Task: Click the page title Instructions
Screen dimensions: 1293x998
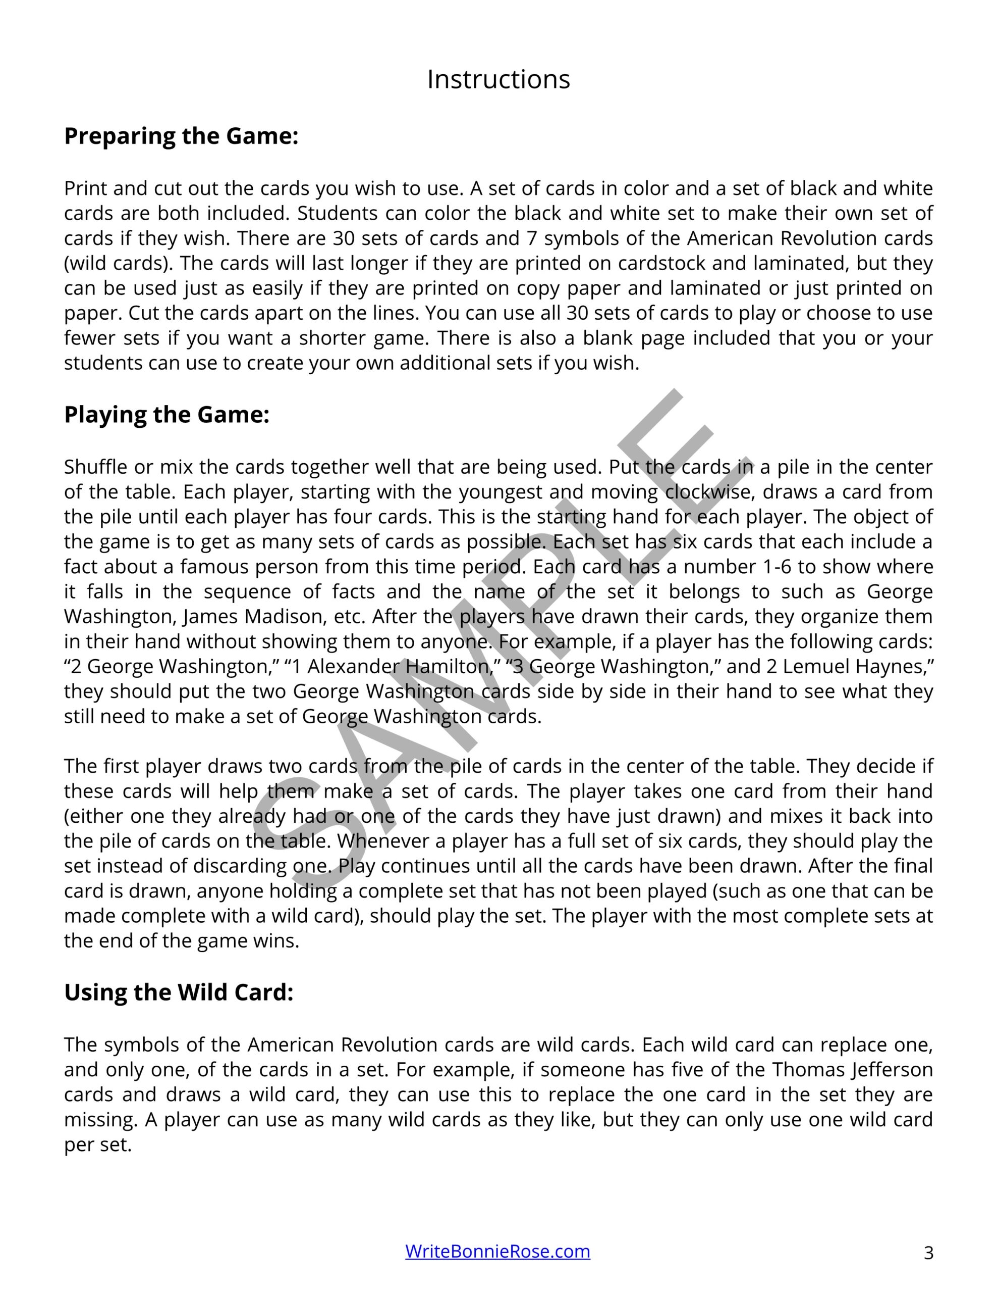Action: click(498, 79)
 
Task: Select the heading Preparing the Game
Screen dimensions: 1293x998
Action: click(181, 136)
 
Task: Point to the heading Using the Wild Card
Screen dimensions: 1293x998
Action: click(178, 992)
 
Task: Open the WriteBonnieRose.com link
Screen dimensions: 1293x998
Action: click(497, 1251)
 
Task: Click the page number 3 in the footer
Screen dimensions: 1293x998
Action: click(928, 1253)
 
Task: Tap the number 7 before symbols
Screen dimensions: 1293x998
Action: click(531, 238)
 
